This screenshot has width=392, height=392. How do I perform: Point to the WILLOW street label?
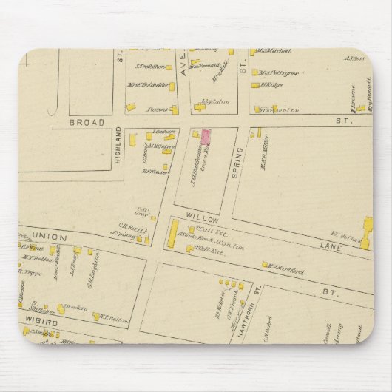(201, 220)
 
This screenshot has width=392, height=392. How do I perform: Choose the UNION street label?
(49, 237)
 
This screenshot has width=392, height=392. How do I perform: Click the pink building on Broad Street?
(206, 135)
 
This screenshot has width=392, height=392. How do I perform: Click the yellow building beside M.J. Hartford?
(265, 264)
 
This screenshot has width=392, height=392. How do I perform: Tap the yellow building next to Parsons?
(175, 110)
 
